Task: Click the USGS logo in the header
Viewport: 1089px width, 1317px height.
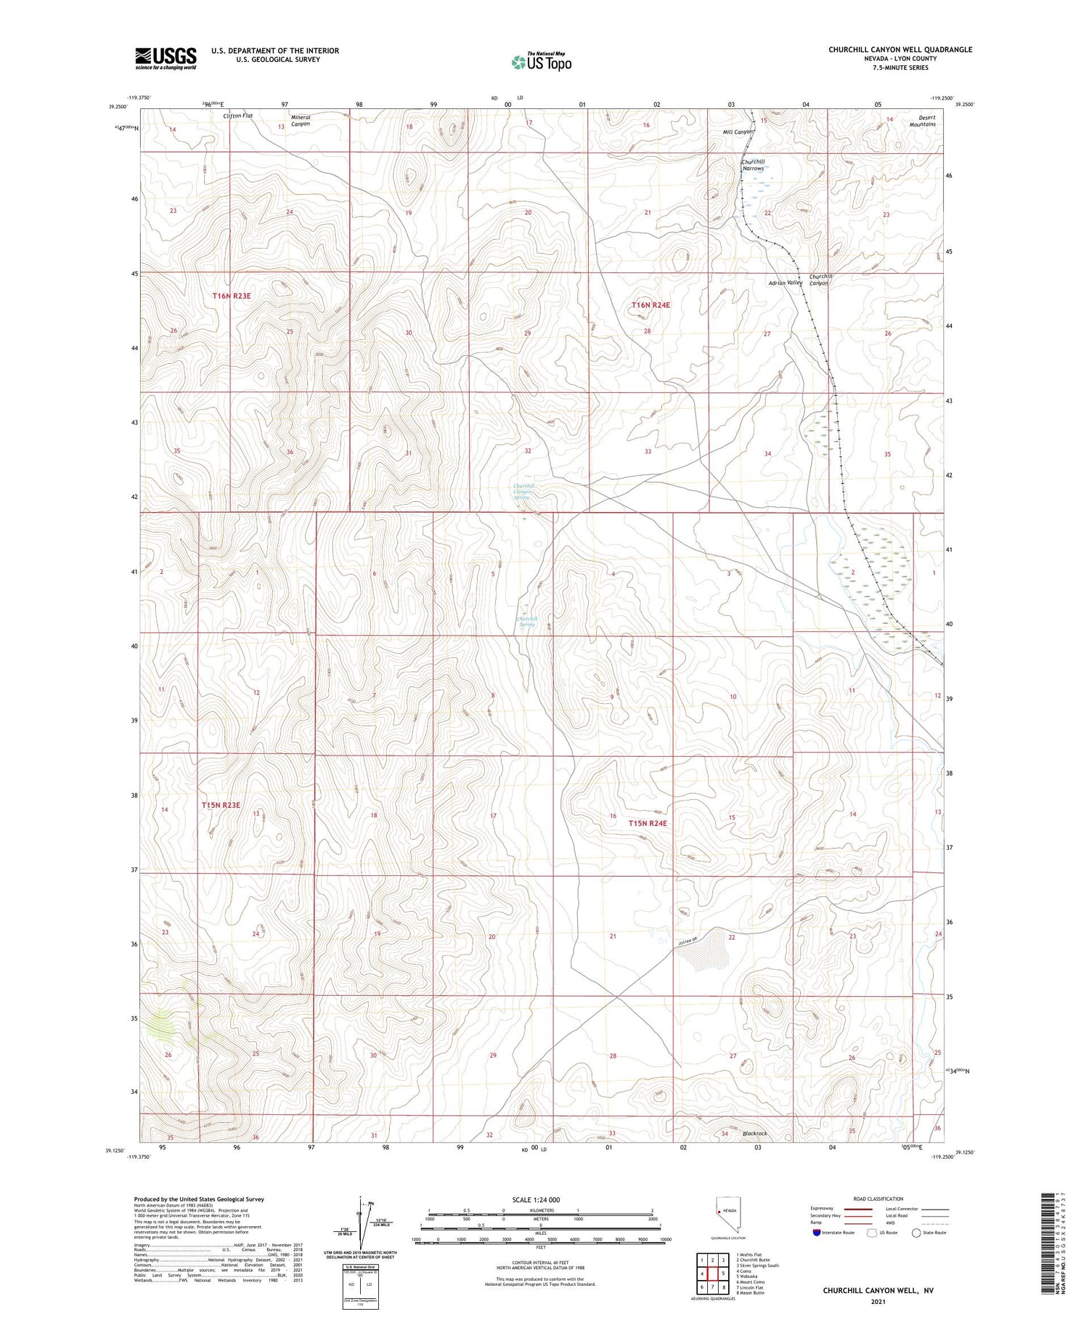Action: click(x=166, y=58)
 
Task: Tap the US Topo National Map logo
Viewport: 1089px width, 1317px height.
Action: click(x=541, y=62)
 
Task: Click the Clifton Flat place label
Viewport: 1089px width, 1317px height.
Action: click(x=237, y=116)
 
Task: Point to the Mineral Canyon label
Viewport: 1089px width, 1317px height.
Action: click(x=301, y=121)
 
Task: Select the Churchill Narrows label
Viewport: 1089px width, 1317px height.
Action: click(x=753, y=165)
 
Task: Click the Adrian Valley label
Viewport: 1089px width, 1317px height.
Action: click(x=785, y=283)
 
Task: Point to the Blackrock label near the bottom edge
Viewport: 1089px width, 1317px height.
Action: click(x=754, y=1133)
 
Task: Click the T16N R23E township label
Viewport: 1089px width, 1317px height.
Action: click(x=232, y=296)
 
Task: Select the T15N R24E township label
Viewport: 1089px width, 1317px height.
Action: click(x=648, y=823)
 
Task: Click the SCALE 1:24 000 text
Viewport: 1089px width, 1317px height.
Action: click(x=535, y=1199)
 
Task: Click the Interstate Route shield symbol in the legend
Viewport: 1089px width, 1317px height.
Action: click(x=816, y=1233)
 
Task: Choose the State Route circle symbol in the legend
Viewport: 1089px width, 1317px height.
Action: click(x=916, y=1233)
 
